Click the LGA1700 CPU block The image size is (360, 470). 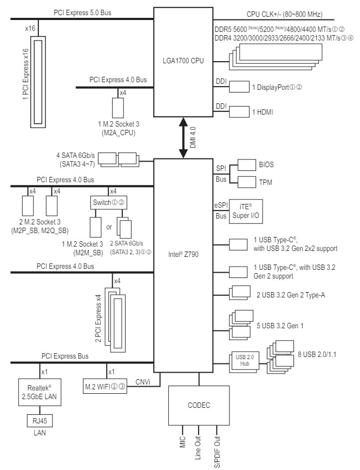[184, 62]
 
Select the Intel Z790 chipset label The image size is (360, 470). [184, 255]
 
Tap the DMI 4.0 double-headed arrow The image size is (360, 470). [184, 138]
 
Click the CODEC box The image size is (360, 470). [199, 405]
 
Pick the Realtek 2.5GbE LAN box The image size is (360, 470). [40, 392]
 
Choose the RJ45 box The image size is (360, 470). [40, 421]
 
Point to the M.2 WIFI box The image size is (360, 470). [105, 387]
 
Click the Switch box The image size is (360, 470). [108, 203]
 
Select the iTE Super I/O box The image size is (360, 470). [246, 211]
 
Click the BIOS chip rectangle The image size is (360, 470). [247, 165]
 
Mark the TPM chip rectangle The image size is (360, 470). [247, 182]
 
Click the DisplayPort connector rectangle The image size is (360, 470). [239, 87]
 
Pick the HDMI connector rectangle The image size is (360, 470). [239, 111]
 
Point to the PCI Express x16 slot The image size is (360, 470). [38, 82]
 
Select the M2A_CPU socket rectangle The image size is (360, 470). [118, 108]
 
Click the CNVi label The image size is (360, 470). [143, 382]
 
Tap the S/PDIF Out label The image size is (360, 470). [217, 452]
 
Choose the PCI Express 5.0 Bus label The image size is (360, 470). [82, 12]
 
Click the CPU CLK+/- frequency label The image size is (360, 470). [284, 14]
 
